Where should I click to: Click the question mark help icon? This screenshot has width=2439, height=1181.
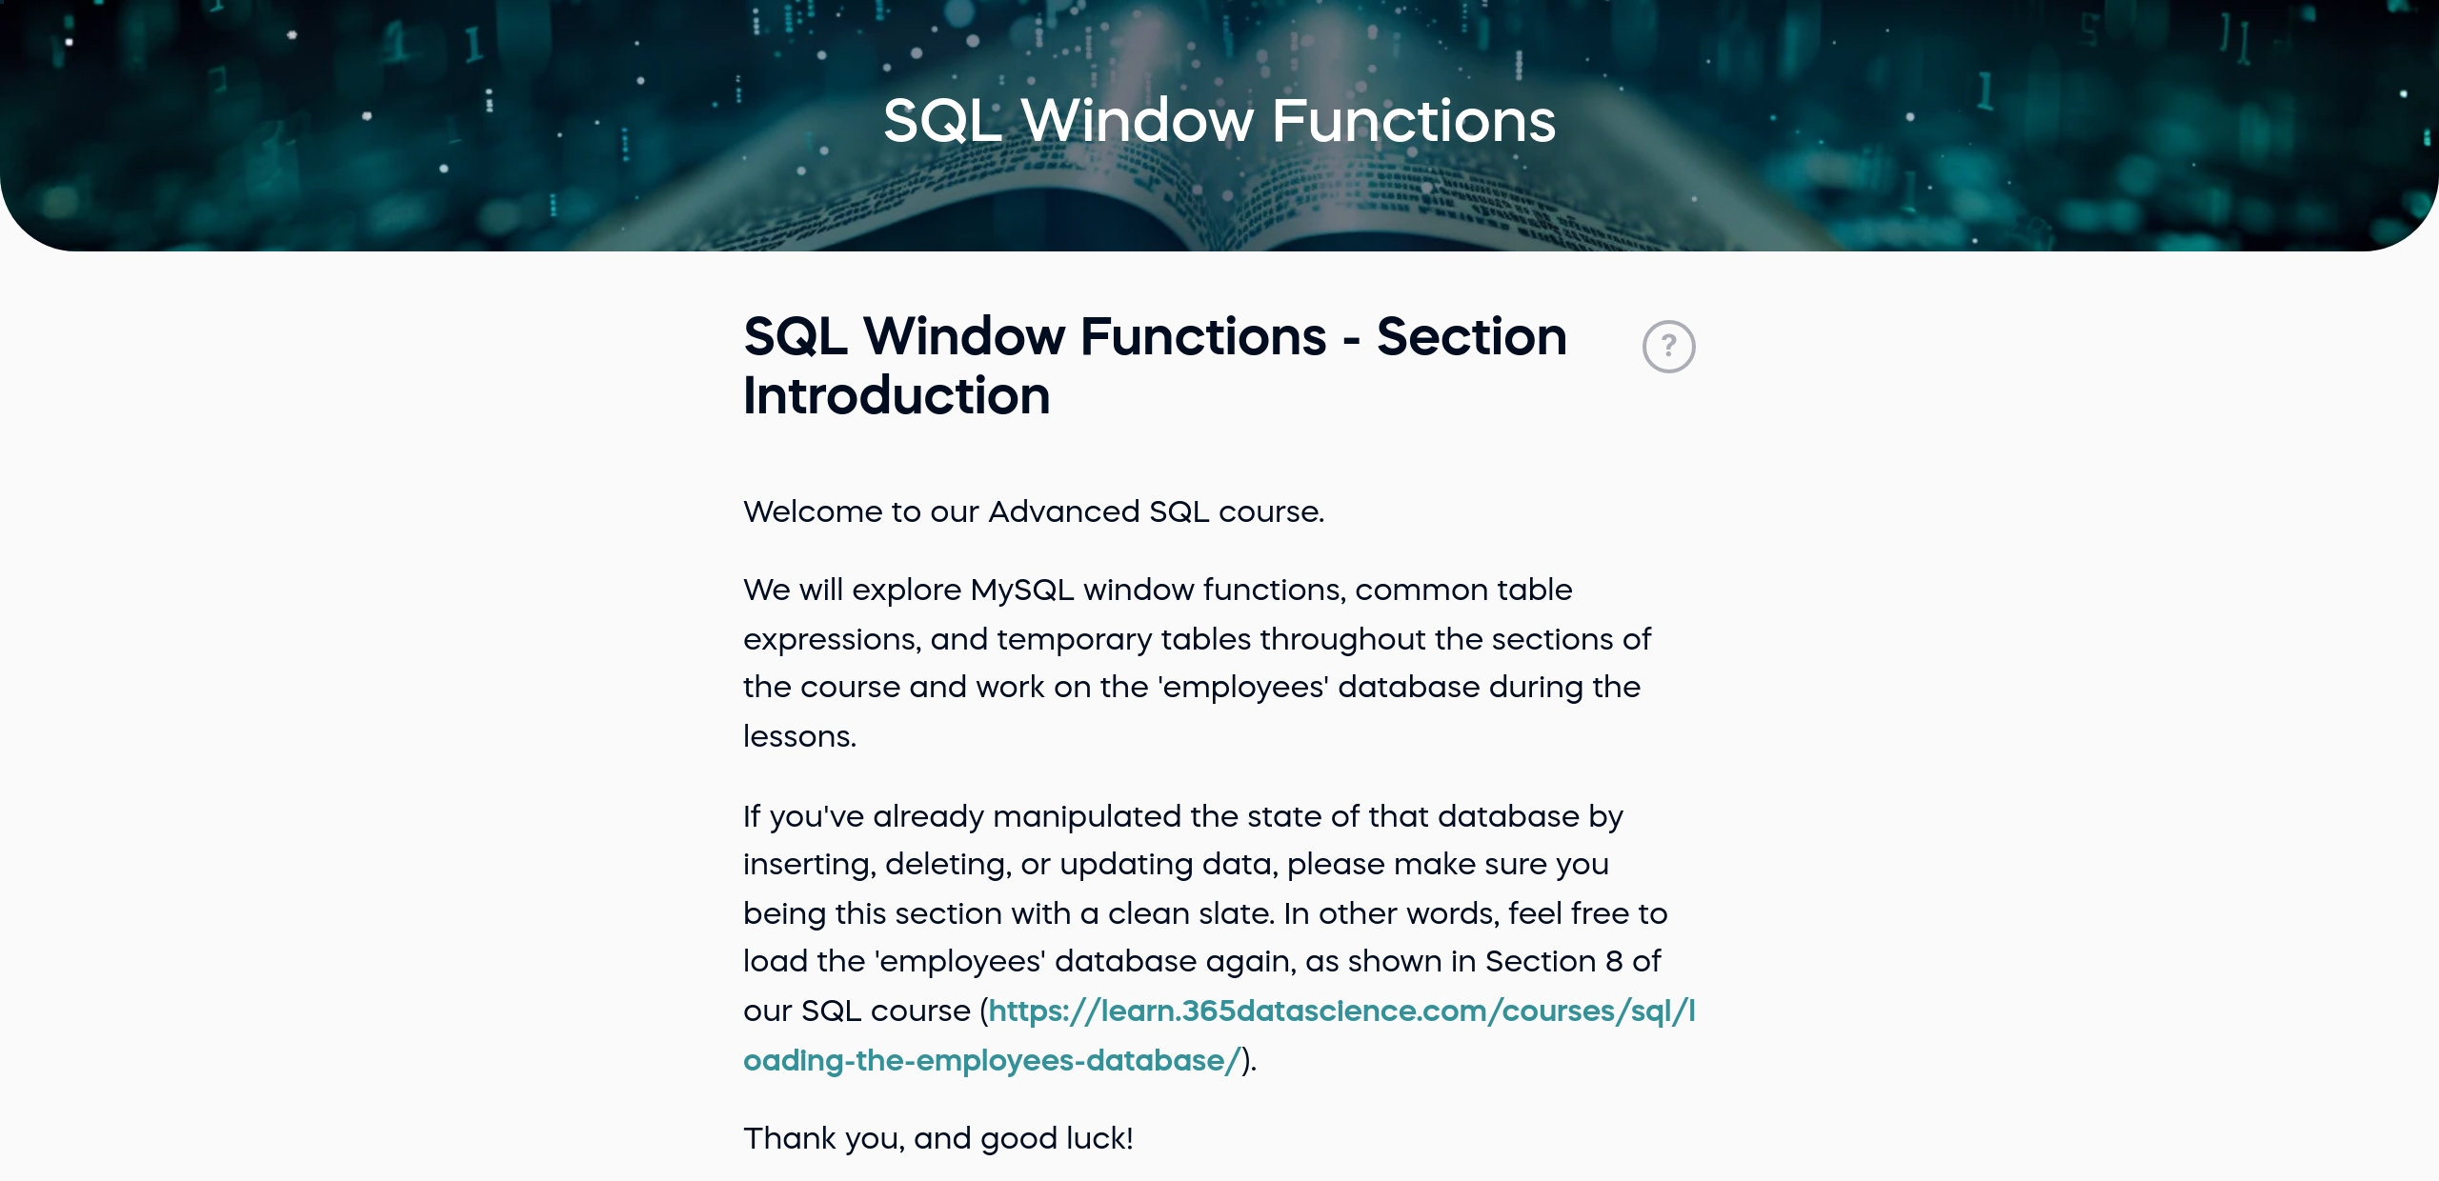click(1668, 347)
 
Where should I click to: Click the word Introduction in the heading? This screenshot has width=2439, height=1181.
click(897, 396)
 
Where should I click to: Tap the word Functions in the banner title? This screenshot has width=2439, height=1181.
click(1413, 121)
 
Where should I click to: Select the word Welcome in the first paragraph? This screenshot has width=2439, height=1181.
click(813, 512)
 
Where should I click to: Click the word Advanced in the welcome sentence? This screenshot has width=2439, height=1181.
click(1064, 512)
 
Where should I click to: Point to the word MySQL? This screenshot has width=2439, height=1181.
click(1022, 591)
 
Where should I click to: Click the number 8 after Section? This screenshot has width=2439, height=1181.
click(1614, 962)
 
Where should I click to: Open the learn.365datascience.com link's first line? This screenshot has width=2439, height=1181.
click(1342, 1011)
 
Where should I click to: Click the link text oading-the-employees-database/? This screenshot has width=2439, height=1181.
click(992, 1061)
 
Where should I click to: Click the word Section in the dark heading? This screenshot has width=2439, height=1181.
click(1471, 337)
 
